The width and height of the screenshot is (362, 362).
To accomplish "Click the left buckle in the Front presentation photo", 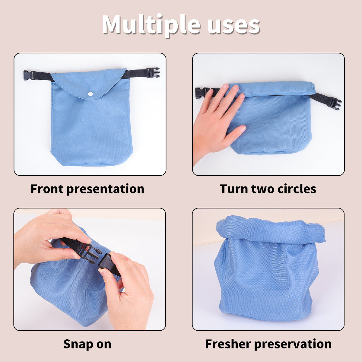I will click(x=29, y=75).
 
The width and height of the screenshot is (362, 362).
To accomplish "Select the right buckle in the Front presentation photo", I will click(x=153, y=73).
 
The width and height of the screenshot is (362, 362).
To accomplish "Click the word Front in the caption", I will click(x=47, y=189).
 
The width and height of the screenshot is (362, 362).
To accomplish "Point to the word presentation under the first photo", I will click(x=105, y=189).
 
